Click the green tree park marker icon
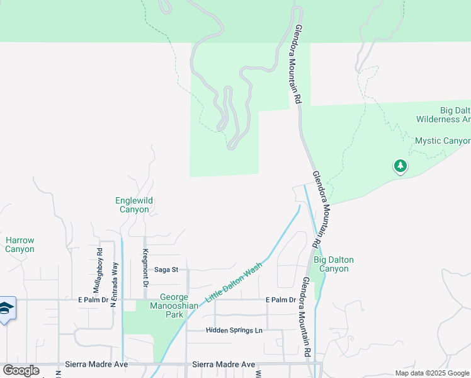click(400, 166)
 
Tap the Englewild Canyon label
click(134, 205)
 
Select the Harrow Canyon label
click(20, 244)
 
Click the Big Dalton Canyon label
click(333, 264)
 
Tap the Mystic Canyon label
click(443, 140)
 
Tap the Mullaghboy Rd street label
click(99, 266)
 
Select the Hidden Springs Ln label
click(234, 330)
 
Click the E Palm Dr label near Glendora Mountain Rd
click(280, 300)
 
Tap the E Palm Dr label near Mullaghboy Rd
click(93, 300)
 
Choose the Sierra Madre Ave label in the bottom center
click(224, 364)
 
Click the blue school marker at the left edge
click(6, 309)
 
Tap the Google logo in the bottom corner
click(21, 370)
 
